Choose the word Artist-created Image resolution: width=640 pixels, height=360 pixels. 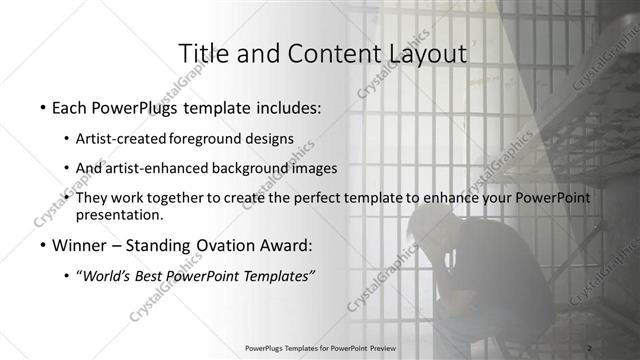121,139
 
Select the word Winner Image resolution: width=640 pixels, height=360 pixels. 80,246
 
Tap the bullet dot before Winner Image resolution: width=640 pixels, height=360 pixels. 41,246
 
